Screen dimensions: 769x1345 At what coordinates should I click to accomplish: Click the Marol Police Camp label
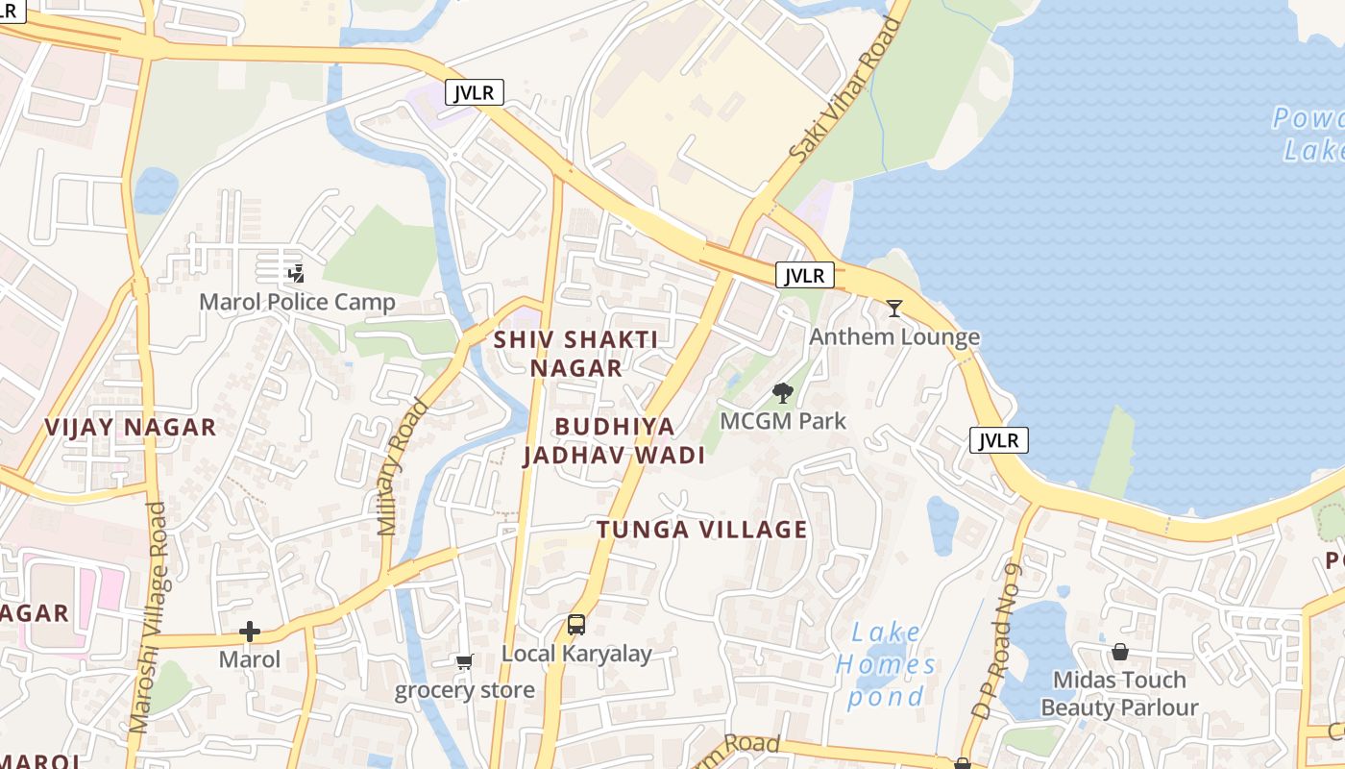(297, 303)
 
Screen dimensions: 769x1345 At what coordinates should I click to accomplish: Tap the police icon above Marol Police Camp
(296, 273)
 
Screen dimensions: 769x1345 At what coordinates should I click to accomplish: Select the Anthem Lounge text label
(894, 336)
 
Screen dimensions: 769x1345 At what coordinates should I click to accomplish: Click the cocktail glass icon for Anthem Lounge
(894, 309)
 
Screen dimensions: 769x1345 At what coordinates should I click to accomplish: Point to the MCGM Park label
(783, 421)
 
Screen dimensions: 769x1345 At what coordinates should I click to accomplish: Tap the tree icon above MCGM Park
(783, 392)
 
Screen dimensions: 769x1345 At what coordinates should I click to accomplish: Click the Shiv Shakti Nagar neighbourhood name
(575, 354)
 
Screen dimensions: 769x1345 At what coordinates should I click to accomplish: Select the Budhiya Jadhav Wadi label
(614, 441)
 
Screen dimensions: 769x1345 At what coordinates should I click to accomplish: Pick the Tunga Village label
(701, 530)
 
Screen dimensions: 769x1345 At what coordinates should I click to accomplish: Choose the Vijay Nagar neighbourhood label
(131, 428)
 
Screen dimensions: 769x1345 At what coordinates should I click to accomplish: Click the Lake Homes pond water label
(885, 664)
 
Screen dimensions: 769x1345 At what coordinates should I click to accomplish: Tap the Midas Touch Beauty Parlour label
(1119, 694)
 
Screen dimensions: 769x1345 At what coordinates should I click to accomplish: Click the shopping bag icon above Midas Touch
(1119, 653)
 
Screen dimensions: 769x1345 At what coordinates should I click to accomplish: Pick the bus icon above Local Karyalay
(575, 625)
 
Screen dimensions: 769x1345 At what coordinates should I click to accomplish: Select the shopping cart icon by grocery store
(465, 661)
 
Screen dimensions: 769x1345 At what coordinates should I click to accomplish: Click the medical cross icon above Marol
(250, 632)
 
